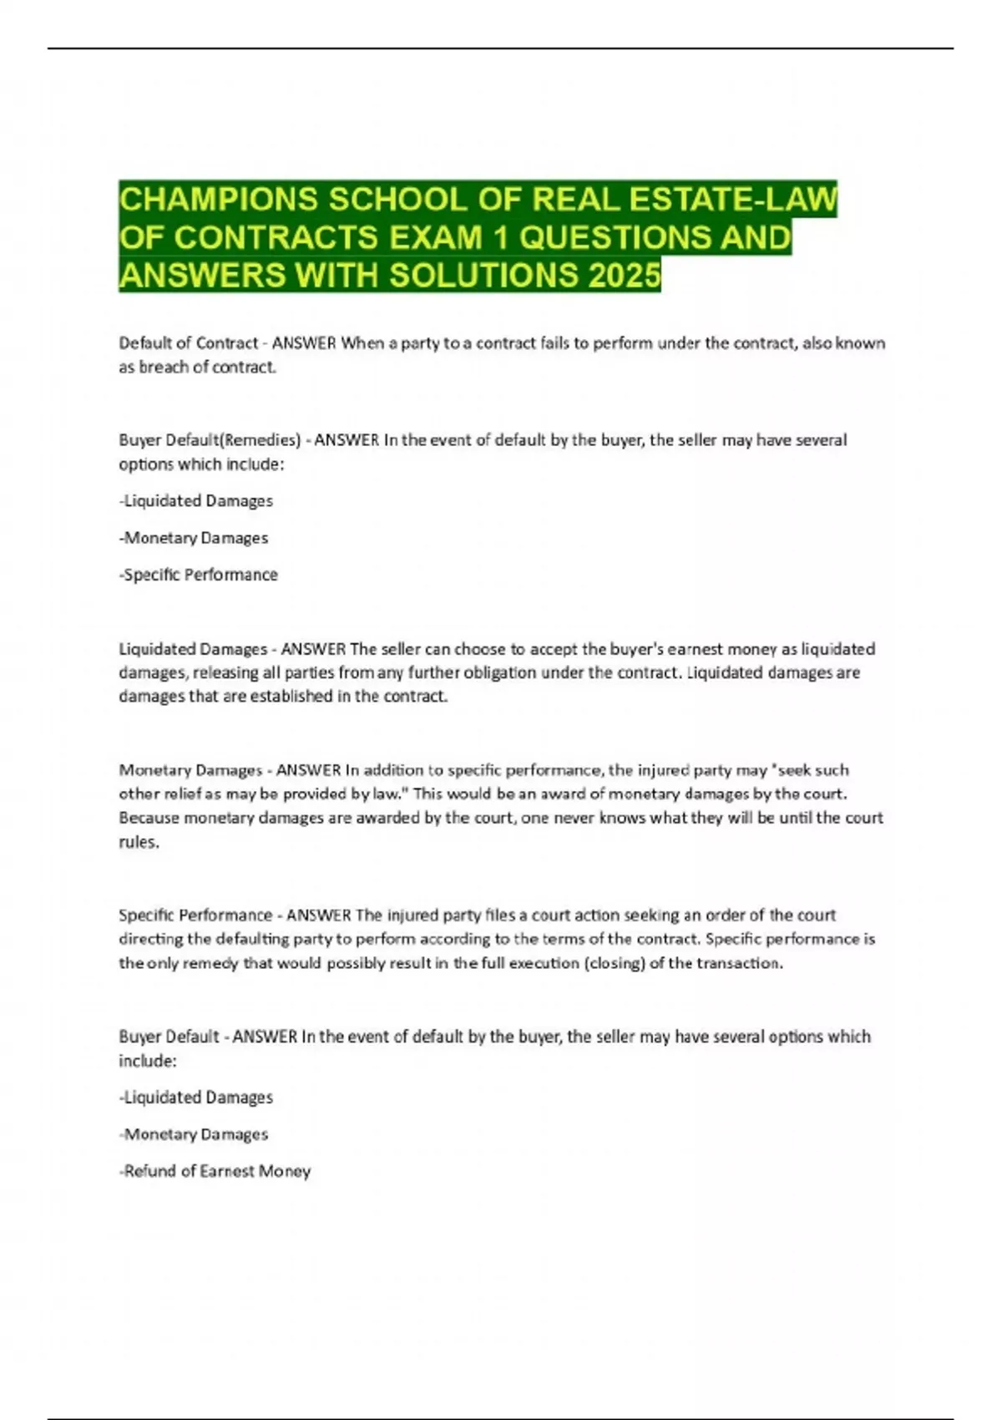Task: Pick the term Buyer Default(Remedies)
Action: [210, 439]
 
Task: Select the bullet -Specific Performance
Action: [199, 575]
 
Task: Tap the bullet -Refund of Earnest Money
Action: [215, 1171]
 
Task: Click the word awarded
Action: [388, 818]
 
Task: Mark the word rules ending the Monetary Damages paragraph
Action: [139, 842]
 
